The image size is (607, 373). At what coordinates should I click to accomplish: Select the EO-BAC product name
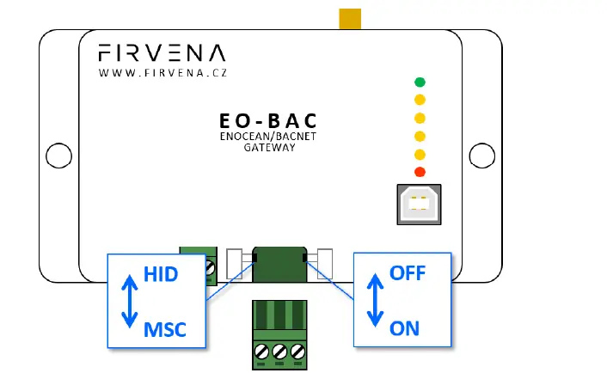click(257, 122)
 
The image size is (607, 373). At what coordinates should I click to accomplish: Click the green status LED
click(420, 83)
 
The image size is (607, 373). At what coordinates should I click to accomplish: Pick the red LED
click(420, 172)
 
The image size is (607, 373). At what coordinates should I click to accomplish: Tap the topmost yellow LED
click(420, 100)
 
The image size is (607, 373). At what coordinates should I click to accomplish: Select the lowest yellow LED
click(420, 154)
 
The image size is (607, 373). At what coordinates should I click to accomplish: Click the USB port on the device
click(419, 204)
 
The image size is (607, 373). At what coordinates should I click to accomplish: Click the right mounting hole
click(483, 156)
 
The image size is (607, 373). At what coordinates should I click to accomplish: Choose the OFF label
click(408, 274)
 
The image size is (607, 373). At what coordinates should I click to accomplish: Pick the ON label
click(404, 327)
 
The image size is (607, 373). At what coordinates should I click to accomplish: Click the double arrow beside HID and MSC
click(129, 300)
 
